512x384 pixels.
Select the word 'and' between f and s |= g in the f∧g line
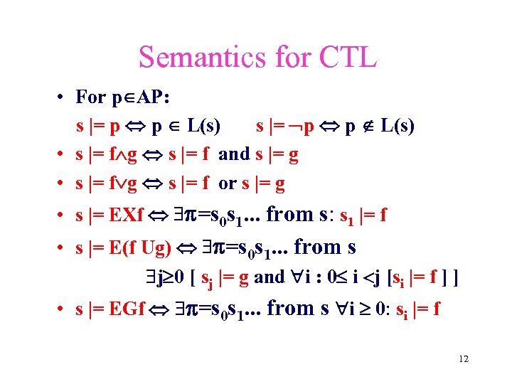[234, 154]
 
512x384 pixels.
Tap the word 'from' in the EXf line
[289, 214]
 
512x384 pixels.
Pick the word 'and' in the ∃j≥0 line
[269, 277]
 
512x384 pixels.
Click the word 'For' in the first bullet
[90, 97]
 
